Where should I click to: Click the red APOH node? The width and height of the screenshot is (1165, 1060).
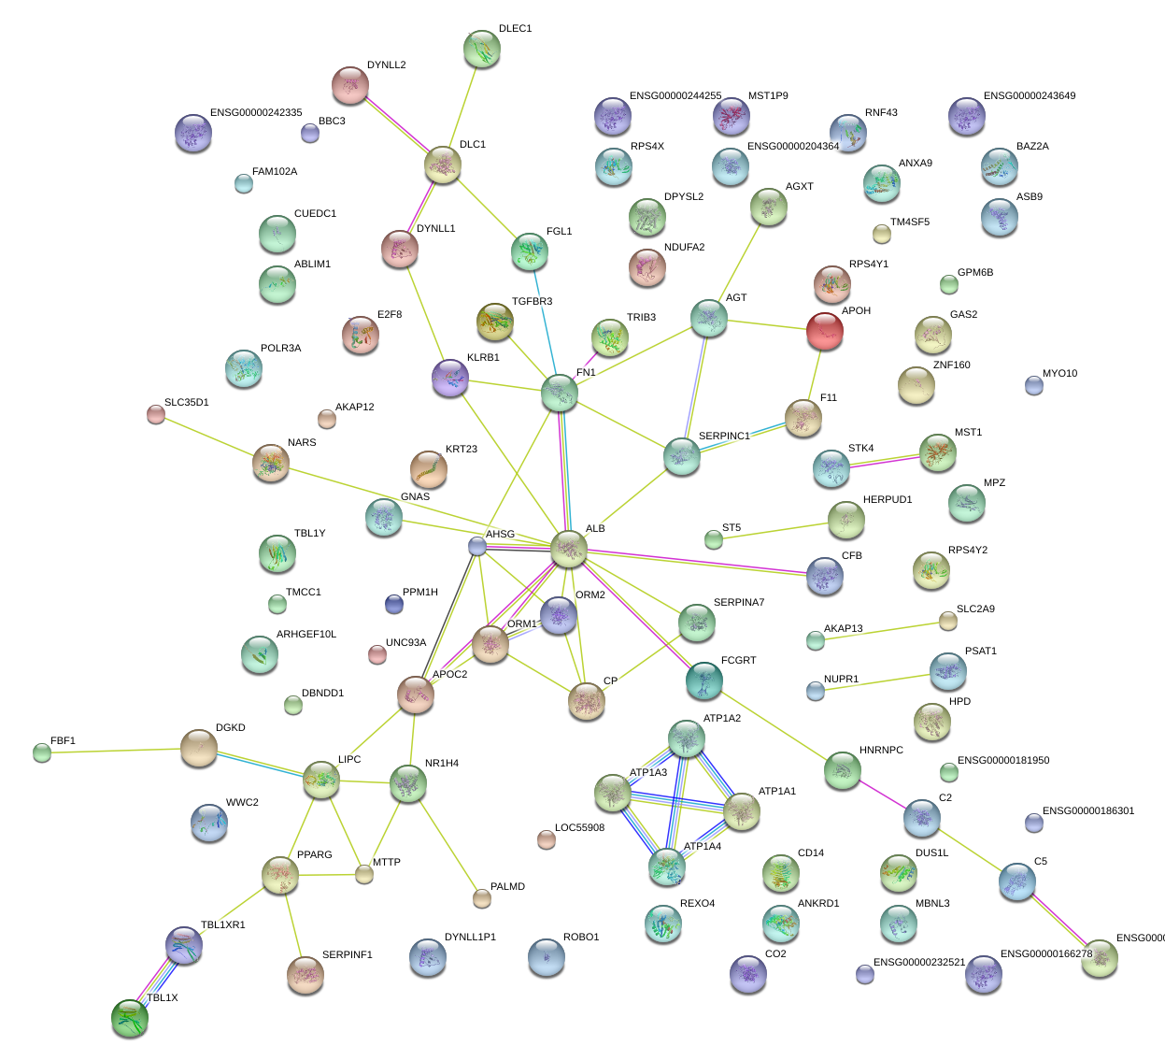click(x=825, y=330)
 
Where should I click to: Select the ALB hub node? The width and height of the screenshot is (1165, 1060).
click(x=568, y=549)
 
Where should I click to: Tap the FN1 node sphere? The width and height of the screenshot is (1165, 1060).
click(x=560, y=394)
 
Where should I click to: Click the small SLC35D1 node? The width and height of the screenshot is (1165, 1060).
click(x=156, y=414)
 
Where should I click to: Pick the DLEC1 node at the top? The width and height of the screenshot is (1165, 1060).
click(x=482, y=49)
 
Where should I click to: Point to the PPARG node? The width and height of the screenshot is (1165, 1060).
click(x=280, y=875)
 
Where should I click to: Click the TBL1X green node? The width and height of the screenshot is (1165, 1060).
click(x=129, y=1018)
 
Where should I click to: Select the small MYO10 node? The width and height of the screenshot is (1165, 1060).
click(x=1033, y=384)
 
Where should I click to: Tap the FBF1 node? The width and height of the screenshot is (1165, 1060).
click(x=42, y=752)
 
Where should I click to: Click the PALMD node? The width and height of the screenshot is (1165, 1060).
click(x=481, y=898)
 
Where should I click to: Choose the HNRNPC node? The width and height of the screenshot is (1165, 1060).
click(x=843, y=771)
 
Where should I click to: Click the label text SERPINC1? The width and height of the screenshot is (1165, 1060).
click(x=724, y=437)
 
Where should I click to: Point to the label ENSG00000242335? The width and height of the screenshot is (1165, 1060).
click(x=256, y=113)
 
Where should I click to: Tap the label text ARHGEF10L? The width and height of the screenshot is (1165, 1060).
click(x=306, y=635)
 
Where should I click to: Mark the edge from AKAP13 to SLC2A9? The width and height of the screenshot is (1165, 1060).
click(x=882, y=631)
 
